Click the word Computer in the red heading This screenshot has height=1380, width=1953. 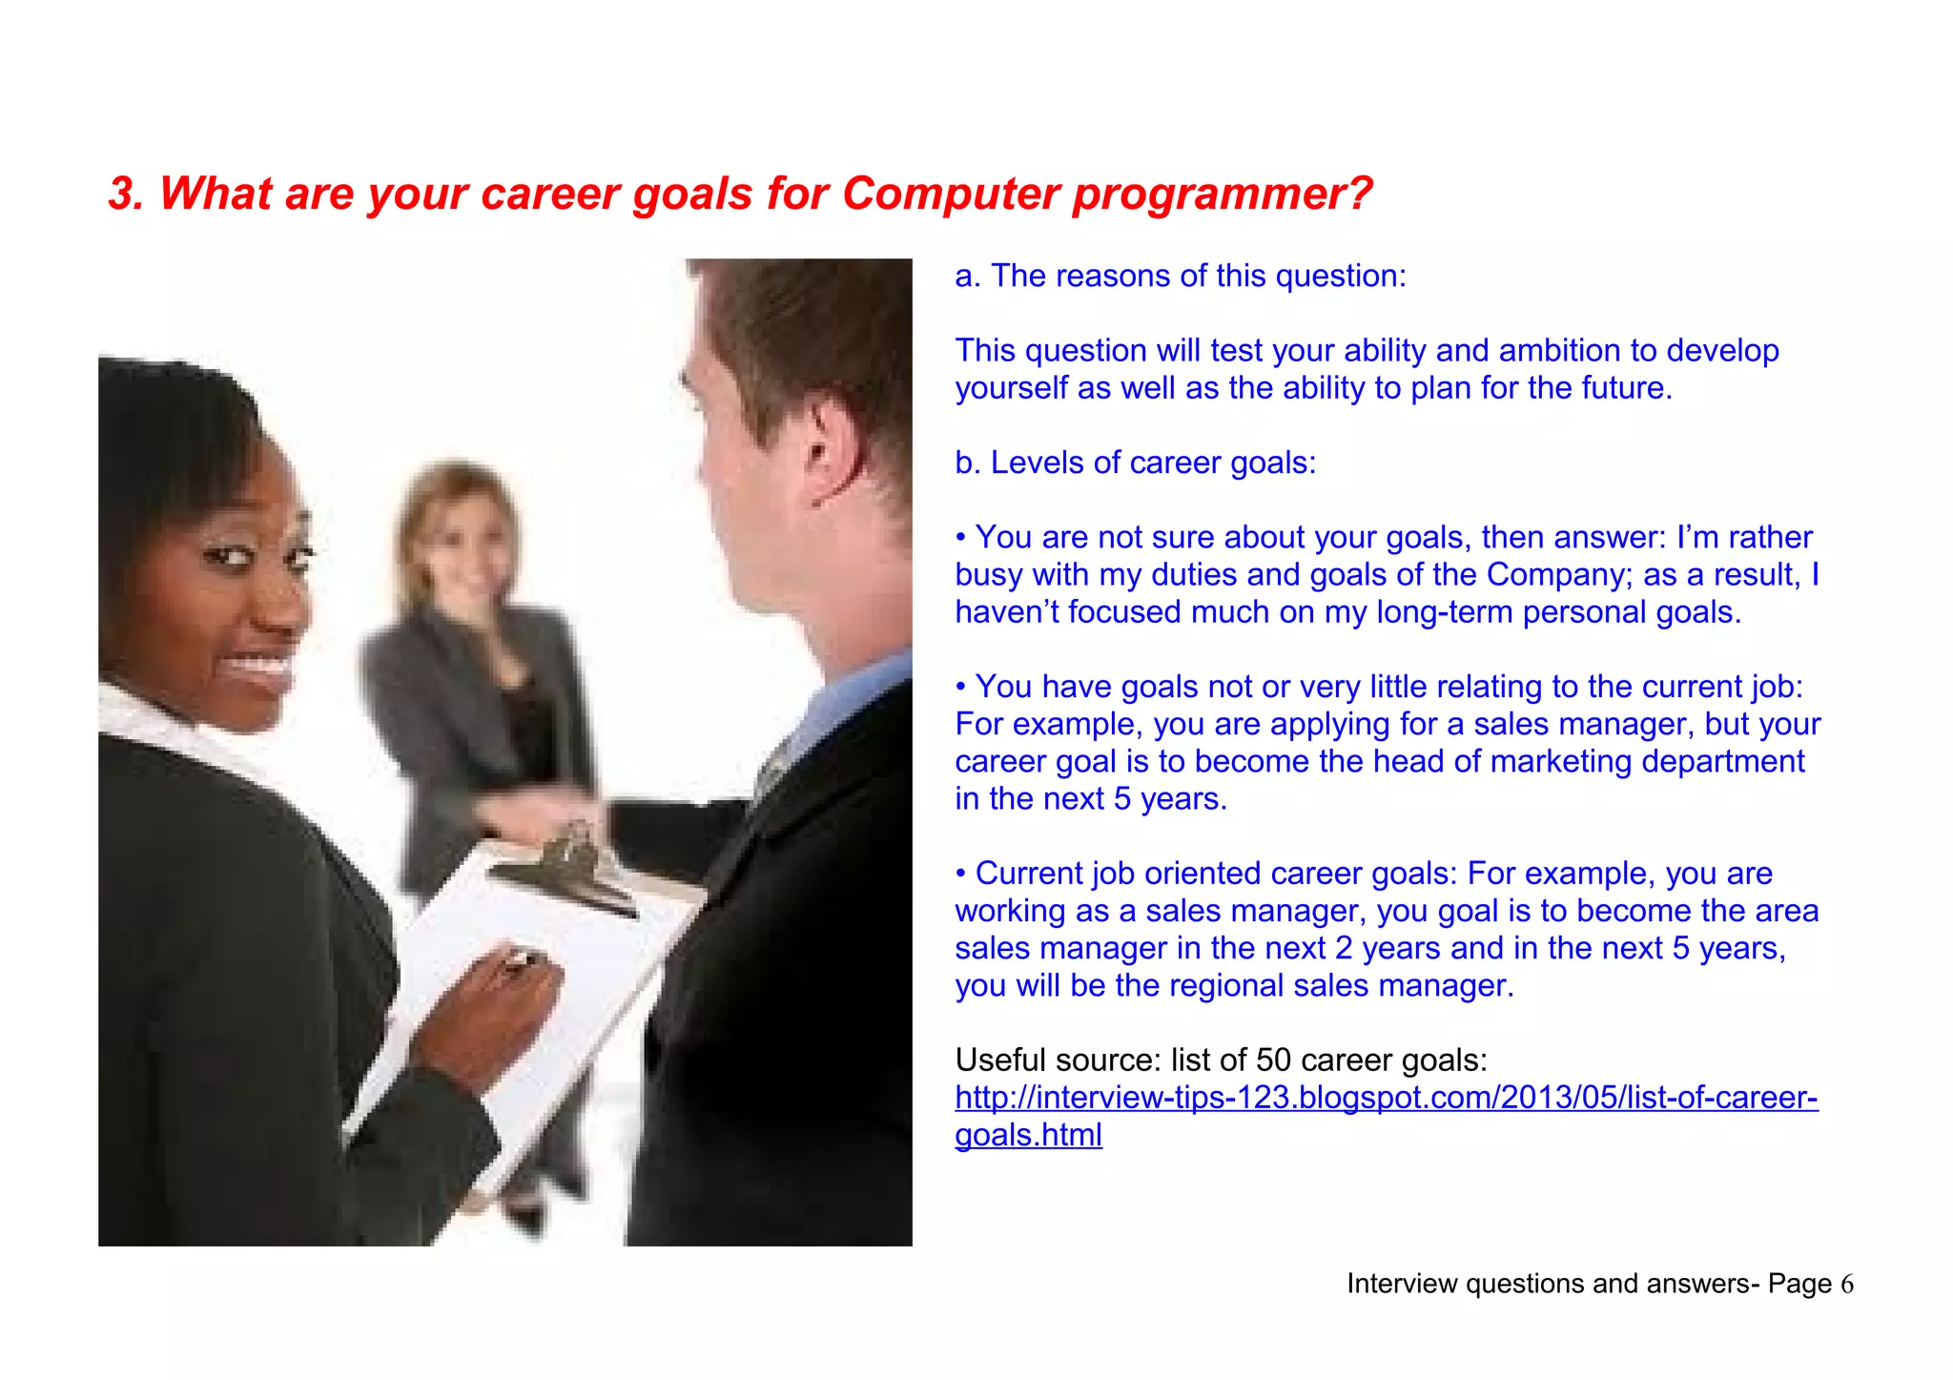(950, 194)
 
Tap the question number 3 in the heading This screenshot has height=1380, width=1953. (124, 194)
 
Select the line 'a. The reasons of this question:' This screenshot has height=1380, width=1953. (1181, 276)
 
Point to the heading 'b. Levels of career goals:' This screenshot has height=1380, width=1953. (1135, 463)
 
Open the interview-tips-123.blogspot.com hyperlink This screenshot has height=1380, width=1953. (1386, 1098)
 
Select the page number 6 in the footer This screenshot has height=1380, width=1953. (1846, 1285)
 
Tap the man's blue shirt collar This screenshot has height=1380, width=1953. (839, 706)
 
